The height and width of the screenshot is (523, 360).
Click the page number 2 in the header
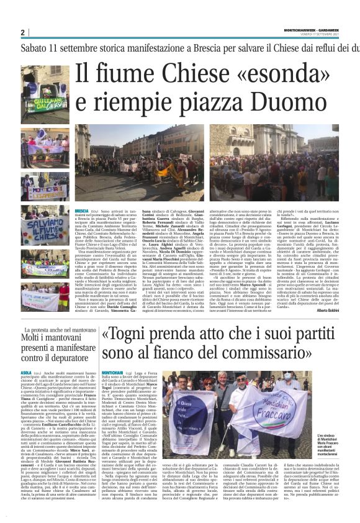[x=22, y=32]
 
